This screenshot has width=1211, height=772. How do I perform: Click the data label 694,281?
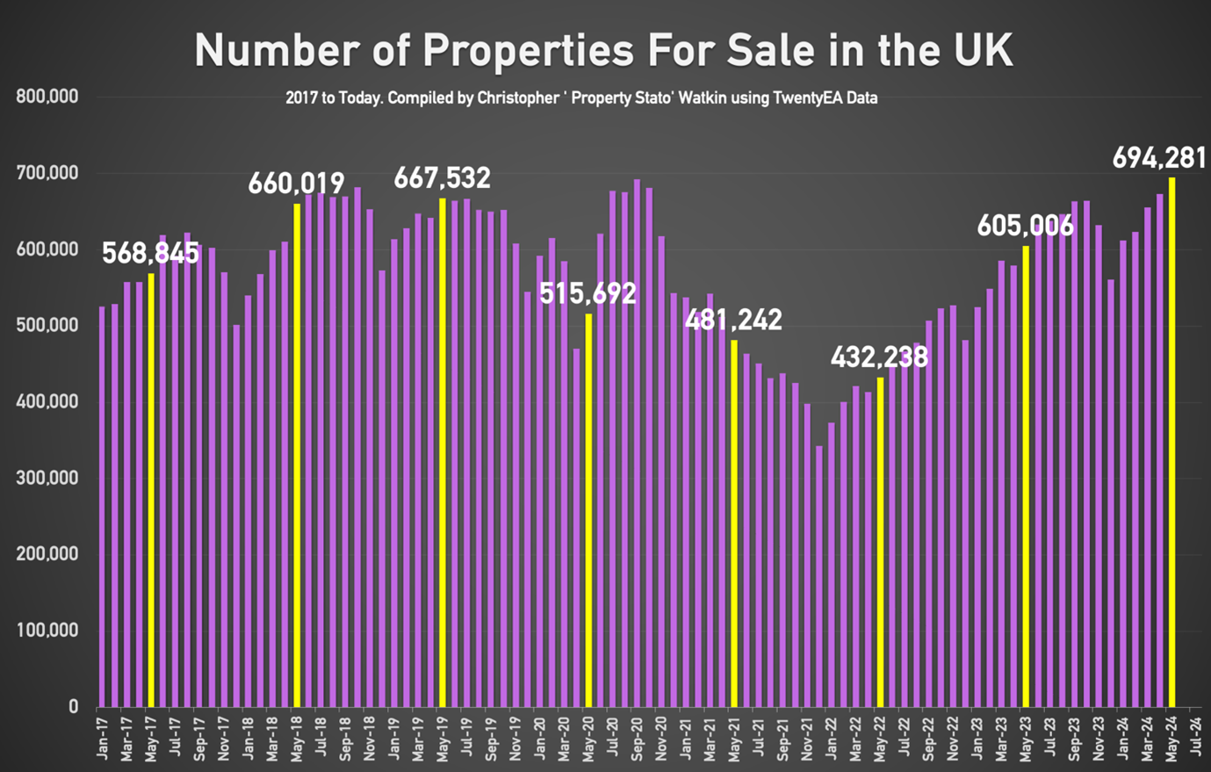tap(1159, 158)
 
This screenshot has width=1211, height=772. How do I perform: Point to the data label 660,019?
tap(296, 184)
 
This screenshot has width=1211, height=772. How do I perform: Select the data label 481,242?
tap(733, 320)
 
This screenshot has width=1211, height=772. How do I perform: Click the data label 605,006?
tap(1025, 226)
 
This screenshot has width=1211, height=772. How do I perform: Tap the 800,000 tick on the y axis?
tap(47, 97)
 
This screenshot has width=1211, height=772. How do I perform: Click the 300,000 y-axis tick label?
tap(47, 478)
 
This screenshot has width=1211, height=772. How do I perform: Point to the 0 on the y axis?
tap(73, 707)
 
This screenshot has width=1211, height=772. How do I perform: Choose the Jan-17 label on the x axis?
tap(103, 739)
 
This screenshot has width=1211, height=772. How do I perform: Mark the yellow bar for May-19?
tap(443, 452)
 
